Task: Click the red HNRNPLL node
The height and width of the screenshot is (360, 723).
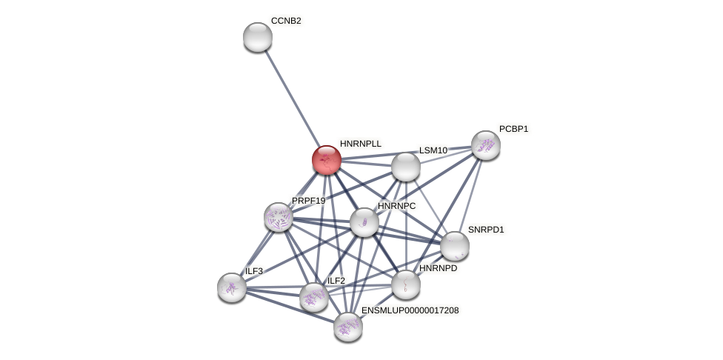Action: (327, 160)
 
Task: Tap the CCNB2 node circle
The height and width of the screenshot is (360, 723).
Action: (258, 37)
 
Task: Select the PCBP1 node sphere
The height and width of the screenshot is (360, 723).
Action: (486, 145)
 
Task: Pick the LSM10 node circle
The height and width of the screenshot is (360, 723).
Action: (406, 167)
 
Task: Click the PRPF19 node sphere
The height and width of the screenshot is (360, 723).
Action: (279, 217)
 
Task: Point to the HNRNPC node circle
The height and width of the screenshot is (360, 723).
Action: (364, 222)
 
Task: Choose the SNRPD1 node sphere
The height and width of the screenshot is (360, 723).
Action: (455, 246)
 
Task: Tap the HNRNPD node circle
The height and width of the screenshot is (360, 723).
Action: (406, 284)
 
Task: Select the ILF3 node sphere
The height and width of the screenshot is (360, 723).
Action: (232, 287)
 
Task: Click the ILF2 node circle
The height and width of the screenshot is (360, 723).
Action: (314, 297)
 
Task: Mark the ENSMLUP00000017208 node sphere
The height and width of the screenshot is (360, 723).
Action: (348, 326)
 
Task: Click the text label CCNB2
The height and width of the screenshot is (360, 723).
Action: (286, 21)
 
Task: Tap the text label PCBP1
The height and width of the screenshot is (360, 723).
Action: (513, 129)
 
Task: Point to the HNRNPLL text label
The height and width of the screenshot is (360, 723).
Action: (360, 144)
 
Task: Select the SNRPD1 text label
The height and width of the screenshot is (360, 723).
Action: (485, 230)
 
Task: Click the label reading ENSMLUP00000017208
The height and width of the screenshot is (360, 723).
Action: (410, 310)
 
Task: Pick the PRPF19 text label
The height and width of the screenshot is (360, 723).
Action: (308, 201)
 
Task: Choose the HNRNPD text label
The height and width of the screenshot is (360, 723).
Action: (438, 268)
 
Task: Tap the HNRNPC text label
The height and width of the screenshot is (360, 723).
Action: (396, 206)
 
